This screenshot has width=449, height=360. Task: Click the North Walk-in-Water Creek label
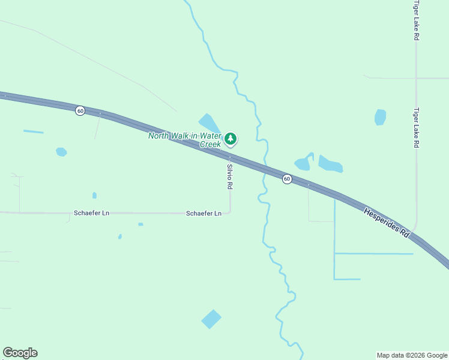click(185, 140)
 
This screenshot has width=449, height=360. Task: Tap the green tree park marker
click(231, 139)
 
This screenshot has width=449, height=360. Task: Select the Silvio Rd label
click(230, 176)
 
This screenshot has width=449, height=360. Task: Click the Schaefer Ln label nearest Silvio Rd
click(203, 213)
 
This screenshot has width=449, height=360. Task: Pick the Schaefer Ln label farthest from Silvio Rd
click(91, 213)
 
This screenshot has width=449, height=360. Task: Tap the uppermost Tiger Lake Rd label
click(416, 20)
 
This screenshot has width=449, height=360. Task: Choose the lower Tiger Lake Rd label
click(416, 128)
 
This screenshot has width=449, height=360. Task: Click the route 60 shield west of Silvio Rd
click(80, 111)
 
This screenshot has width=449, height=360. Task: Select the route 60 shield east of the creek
click(287, 179)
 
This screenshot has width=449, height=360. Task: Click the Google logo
click(20, 353)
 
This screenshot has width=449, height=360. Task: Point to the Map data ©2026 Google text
click(412, 355)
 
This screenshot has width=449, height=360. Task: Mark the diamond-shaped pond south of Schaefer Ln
click(211, 319)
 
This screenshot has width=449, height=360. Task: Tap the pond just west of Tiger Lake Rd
click(380, 117)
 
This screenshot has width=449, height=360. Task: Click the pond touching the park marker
click(209, 123)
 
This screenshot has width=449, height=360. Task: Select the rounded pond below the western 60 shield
click(61, 152)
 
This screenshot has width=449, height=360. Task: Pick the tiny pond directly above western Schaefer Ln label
click(94, 195)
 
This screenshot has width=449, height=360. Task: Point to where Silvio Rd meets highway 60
click(230, 157)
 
